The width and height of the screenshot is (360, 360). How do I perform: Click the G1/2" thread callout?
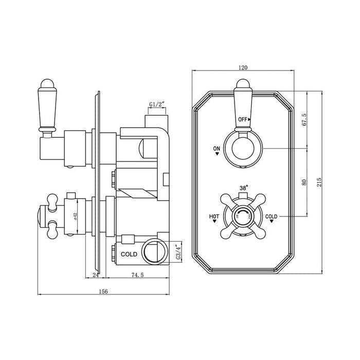(156, 105)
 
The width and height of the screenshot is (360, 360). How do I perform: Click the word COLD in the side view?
(129, 254)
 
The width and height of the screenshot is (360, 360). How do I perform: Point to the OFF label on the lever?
(243, 119)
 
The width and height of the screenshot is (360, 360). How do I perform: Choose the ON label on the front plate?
(217, 149)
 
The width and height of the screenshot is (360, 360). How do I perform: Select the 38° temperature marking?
(244, 188)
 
